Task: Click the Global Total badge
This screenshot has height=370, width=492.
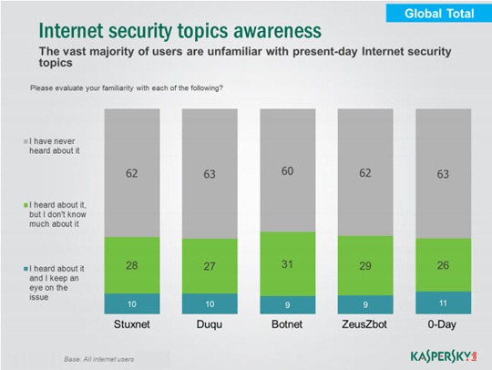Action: [x=439, y=13]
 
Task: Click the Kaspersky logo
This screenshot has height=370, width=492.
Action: [x=444, y=356]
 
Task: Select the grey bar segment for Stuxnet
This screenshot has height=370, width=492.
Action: [x=132, y=173]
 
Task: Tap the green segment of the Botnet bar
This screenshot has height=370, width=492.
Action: [x=288, y=264]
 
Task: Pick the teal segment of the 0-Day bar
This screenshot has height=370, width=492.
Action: [x=444, y=303]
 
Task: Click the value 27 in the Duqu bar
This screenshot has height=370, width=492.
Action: [x=210, y=266]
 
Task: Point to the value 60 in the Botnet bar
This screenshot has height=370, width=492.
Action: [x=287, y=171]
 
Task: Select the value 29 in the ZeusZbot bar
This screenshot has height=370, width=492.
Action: [x=365, y=266]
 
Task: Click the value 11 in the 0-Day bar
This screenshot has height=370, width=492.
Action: [x=443, y=303]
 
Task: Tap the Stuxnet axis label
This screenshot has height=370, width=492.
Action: [x=132, y=324]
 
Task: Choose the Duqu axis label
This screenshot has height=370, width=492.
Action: [x=210, y=324]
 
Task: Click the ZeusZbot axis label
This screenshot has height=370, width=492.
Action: [x=364, y=324]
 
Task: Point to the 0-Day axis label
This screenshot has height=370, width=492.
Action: [x=442, y=324]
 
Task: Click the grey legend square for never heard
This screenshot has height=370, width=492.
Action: [x=26, y=141]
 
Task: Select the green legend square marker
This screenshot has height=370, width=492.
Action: [x=26, y=205]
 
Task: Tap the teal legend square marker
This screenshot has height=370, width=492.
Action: [x=26, y=269]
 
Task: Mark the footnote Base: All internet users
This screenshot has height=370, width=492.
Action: [x=98, y=359]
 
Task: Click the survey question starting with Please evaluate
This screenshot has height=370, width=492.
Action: [x=127, y=87]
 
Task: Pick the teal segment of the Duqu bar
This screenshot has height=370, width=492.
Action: [x=210, y=303]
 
